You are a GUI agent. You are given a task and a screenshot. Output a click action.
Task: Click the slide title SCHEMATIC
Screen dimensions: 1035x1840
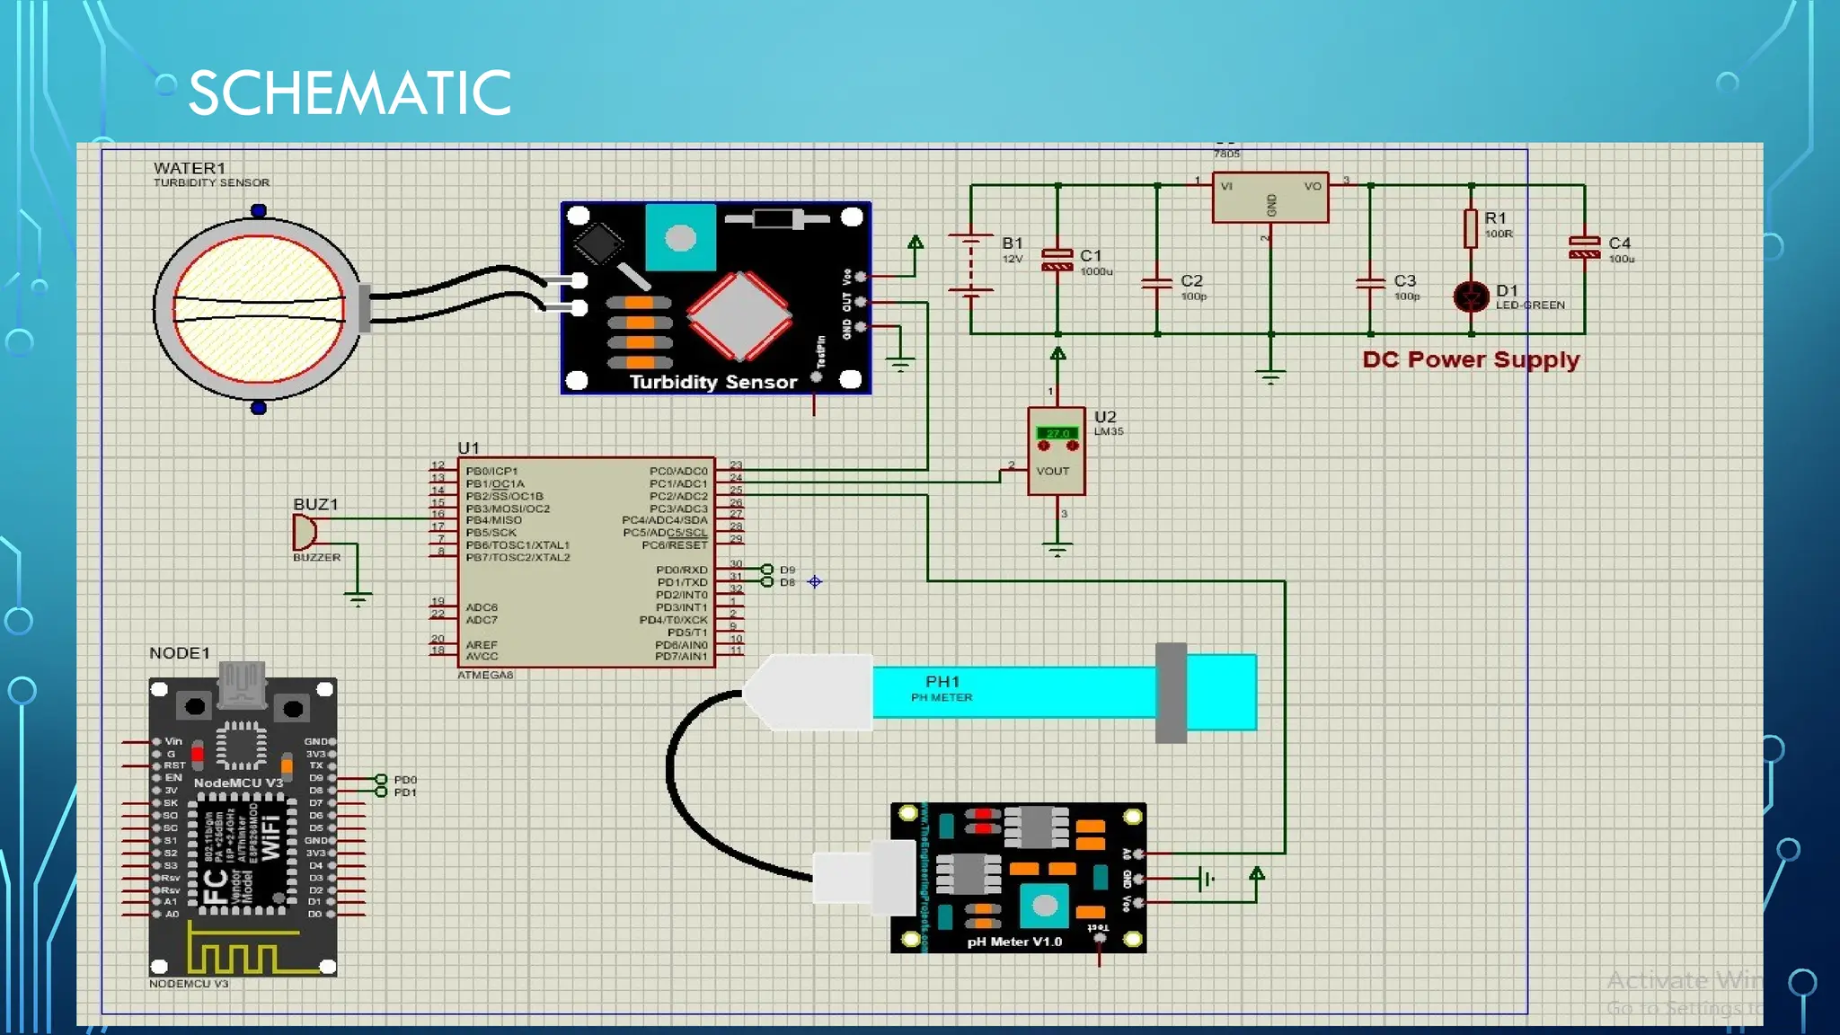pyautogui.click(x=349, y=93)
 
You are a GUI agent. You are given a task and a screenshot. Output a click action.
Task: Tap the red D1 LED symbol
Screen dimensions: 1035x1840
pyautogui.click(x=1471, y=296)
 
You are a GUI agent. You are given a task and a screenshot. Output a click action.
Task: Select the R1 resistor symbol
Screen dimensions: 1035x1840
pyautogui.click(x=1471, y=228)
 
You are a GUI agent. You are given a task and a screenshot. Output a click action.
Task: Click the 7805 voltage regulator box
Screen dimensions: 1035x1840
pyautogui.click(x=1269, y=199)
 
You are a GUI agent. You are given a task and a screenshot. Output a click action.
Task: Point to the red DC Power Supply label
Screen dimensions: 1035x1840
pyautogui.click(x=1471, y=359)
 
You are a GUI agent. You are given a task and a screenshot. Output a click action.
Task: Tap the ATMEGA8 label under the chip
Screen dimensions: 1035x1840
pyautogui.click(x=485, y=675)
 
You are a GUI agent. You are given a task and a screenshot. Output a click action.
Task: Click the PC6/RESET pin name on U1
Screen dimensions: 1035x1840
pyautogui.click(x=674, y=545)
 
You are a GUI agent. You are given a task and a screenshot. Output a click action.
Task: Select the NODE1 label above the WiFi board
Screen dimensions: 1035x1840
pyautogui.click(x=180, y=653)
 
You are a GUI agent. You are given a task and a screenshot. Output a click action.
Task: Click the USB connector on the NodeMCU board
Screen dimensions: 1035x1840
pyautogui.click(x=243, y=684)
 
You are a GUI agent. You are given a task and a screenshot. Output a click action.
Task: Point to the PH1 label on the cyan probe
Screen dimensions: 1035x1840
pyautogui.click(x=942, y=682)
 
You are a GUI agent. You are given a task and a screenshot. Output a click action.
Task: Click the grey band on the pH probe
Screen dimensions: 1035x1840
pyautogui.click(x=1171, y=693)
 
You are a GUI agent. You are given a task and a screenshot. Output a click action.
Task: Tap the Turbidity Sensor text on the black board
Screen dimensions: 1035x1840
pyautogui.click(x=713, y=382)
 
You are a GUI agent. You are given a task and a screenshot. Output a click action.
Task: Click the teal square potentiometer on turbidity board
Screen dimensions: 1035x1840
pyautogui.click(x=680, y=237)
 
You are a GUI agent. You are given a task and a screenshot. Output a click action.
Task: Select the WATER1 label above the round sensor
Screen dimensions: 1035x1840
pyautogui.click(x=190, y=168)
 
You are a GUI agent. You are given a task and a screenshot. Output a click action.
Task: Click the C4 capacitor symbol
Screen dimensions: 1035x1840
pyautogui.click(x=1584, y=247)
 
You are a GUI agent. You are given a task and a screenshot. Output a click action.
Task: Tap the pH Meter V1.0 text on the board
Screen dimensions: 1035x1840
pyautogui.click(x=1014, y=942)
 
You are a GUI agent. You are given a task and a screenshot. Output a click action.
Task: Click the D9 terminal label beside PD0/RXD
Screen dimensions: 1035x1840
pyautogui.click(x=787, y=570)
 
